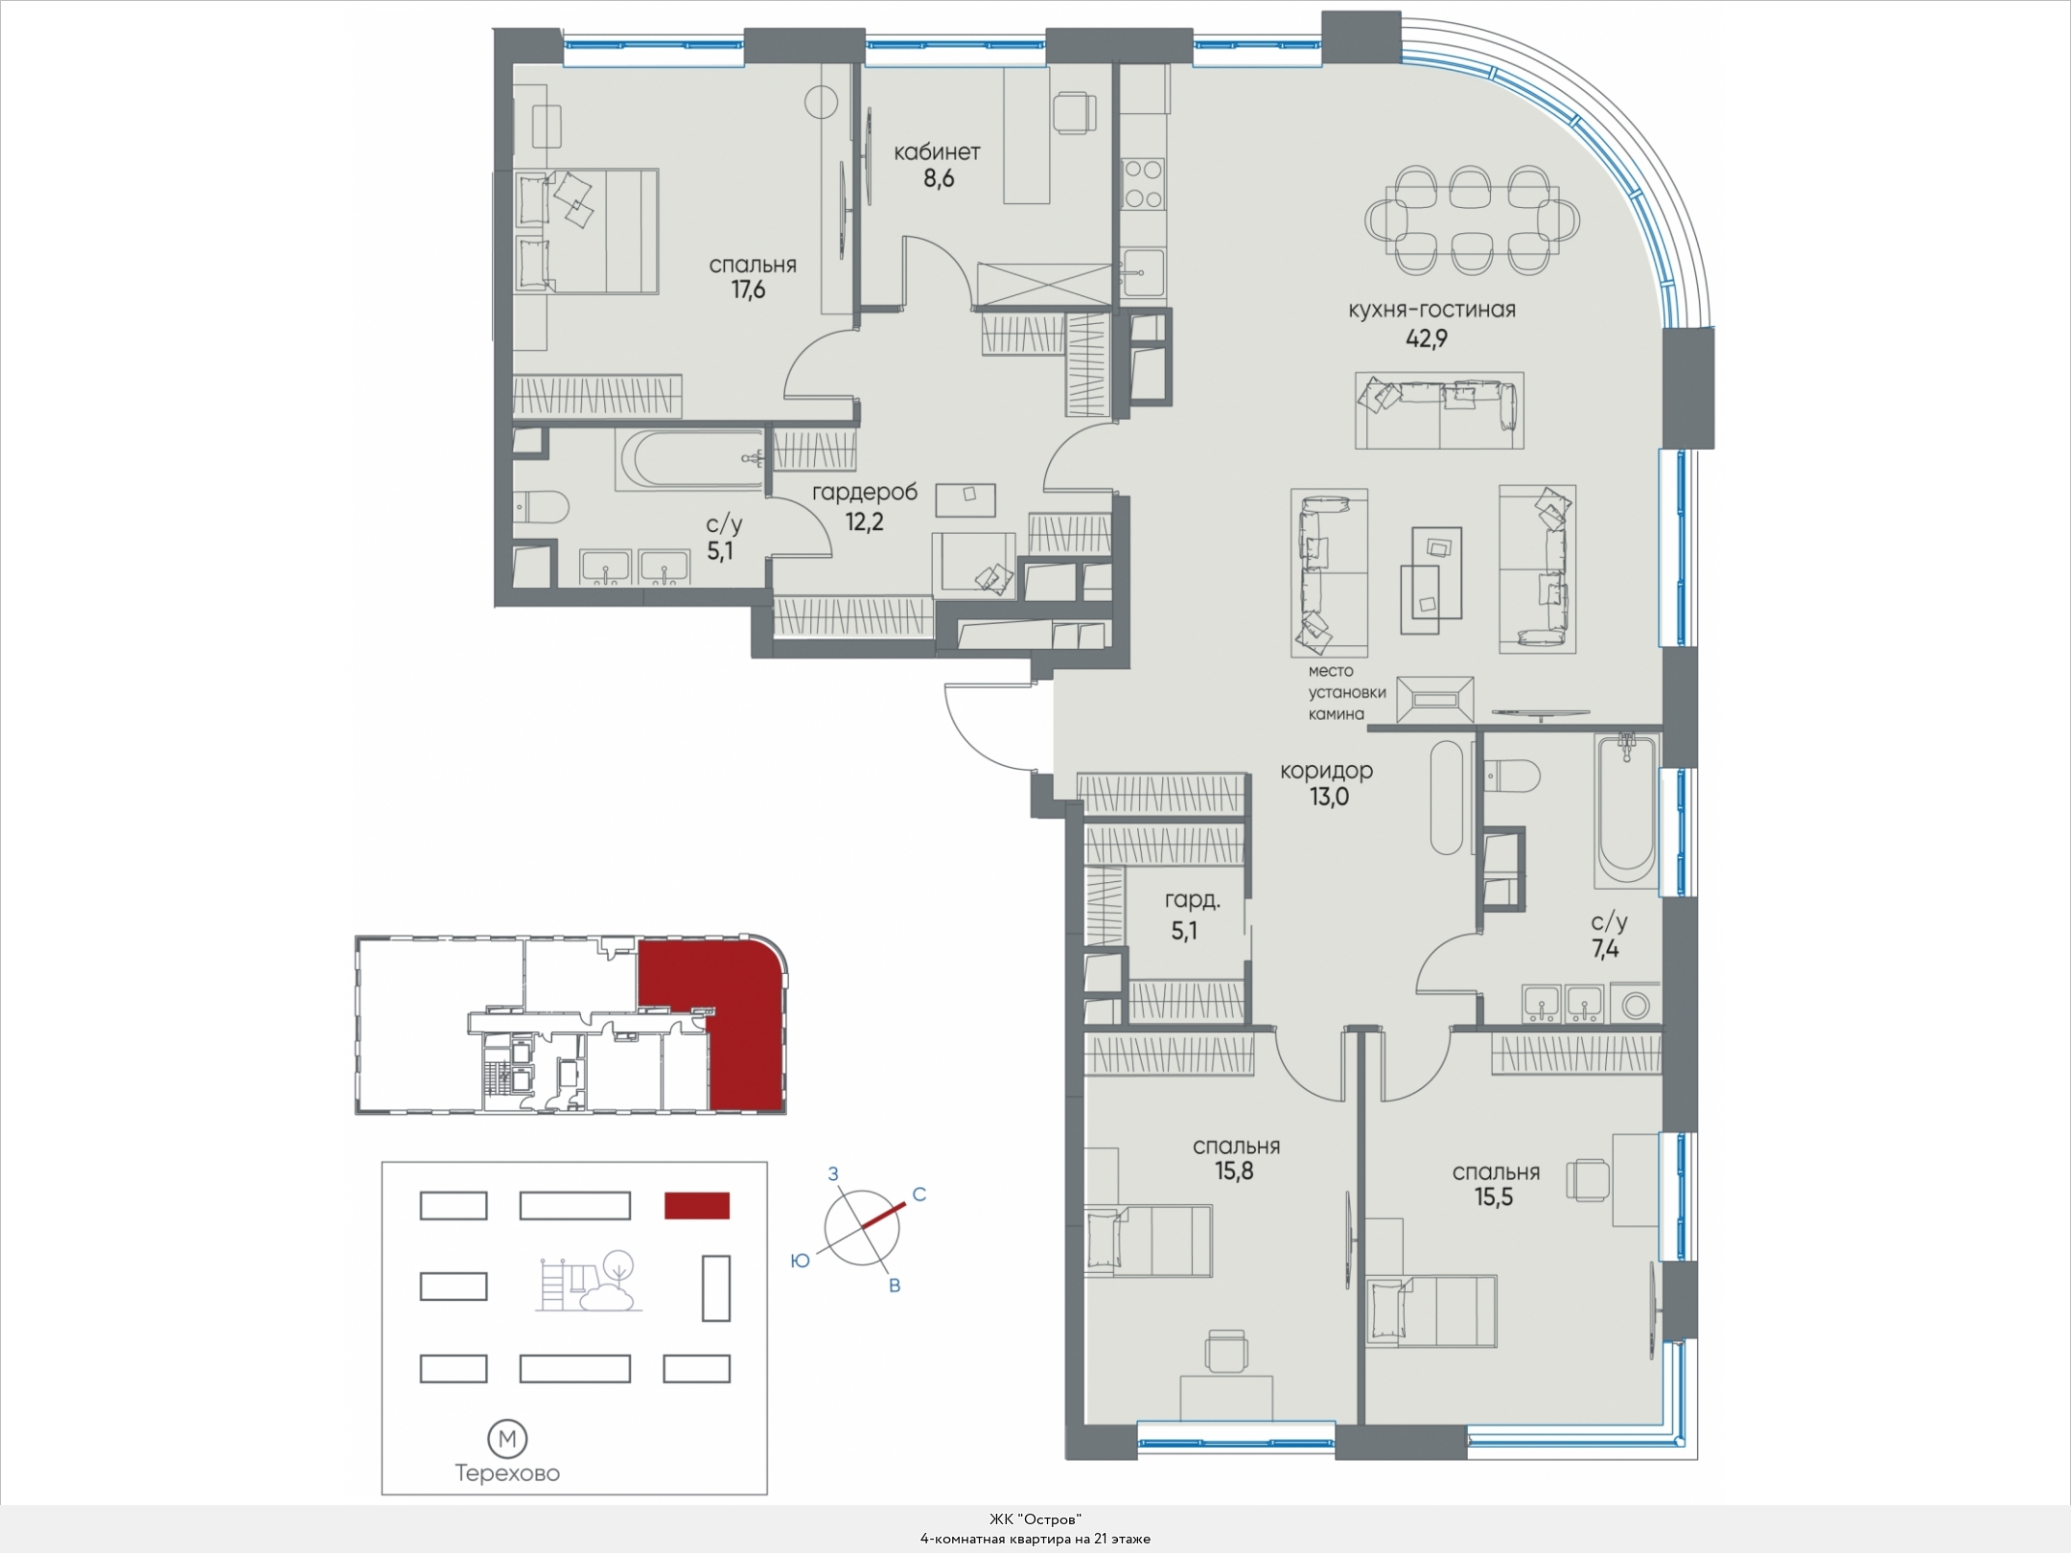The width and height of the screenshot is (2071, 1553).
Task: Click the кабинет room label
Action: point(937,151)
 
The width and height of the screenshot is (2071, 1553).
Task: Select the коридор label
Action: point(1328,770)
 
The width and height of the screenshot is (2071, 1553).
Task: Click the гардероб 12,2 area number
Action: point(864,522)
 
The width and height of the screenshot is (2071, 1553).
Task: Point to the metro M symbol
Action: point(508,1439)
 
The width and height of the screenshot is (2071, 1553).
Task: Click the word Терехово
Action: point(507,1473)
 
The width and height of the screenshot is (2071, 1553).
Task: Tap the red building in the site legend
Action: point(697,1205)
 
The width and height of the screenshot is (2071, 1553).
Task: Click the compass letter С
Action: point(919,1194)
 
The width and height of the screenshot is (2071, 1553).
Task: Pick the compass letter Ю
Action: point(800,1262)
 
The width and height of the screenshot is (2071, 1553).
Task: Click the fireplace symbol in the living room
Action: point(1434,700)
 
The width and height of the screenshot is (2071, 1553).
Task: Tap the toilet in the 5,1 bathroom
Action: point(540,505)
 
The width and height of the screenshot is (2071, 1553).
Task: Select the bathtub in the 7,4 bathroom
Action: point(1626,811)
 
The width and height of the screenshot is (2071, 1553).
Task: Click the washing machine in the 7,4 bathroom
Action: point(1636,1005)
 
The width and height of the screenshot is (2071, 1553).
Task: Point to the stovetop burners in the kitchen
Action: point(1143,184)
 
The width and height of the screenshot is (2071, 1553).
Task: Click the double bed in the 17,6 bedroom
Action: point(586,231)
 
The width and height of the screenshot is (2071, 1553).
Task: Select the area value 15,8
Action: point(1234,1171)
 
